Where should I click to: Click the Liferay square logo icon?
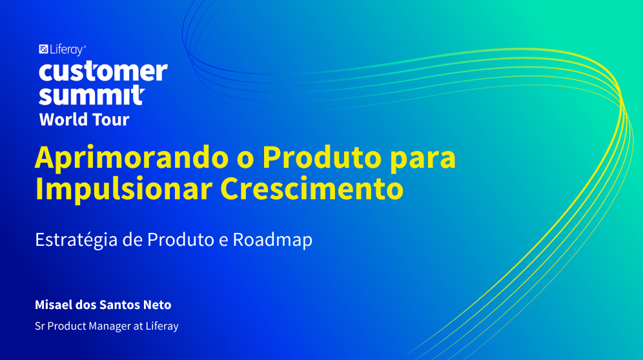click(43, 49)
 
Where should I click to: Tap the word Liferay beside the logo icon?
click(67, 50)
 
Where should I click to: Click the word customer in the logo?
click(103, 72)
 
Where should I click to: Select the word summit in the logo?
click(92, 95)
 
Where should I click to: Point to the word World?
click(63, 120)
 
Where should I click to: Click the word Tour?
click(111, 120)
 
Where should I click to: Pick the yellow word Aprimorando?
click(132, 158)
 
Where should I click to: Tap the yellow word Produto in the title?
click(322, 157)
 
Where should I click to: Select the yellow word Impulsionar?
click(123, 190)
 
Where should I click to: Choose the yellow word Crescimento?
click(312, 188)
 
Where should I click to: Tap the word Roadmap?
click(272, 240)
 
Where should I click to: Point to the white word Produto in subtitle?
click(180, 240)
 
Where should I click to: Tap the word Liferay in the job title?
click(162, 326)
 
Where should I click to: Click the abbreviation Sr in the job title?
click(40, 326)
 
